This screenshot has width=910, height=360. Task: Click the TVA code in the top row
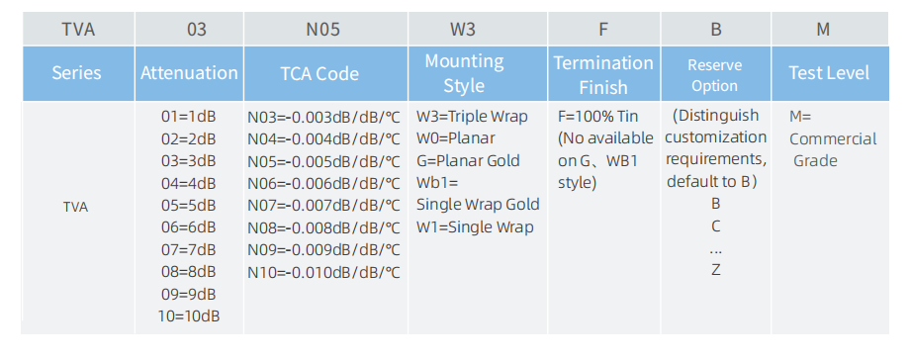click(x=78, y=30)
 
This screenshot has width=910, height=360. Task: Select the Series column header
click(x=76, y=73)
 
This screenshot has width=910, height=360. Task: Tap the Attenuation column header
click(x=189, y=73)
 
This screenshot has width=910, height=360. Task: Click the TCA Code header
click(x=319, y=74)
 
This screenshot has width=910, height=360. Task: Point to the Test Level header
click(x=829, y=73)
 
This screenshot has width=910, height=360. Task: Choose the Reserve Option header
click(x=715, y=75)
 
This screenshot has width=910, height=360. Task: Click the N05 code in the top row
click(x=323, y=30)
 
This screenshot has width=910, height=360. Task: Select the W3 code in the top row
click(x=463, y=30)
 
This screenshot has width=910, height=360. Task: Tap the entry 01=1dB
click(x=189, y=117)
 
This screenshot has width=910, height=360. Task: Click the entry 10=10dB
click(x=189, y=316)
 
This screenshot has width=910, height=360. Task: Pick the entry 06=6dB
click(x=189, y=227)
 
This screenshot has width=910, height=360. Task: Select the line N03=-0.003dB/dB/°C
click(x=323, y=118)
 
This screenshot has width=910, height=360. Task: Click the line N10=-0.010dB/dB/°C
click(x=323, y=272)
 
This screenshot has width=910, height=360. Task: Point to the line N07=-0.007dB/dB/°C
click(x=323, y=206)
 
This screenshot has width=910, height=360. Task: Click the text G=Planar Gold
click(x=468, y=161)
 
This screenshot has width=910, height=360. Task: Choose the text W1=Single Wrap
click(x=475, y=227)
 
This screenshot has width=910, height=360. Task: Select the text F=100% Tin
click(x=597, y=116)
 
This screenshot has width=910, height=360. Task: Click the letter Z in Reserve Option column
click(x=715, y=270)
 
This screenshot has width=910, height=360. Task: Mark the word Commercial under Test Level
click(x=833, y=139)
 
